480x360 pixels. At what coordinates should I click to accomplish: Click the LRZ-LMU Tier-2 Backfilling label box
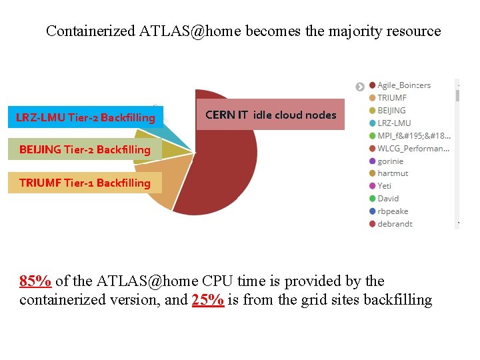[85, 118]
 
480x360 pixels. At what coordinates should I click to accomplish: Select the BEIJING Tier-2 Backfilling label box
[85, 149]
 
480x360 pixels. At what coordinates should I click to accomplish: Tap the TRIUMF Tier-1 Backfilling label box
[85, 183]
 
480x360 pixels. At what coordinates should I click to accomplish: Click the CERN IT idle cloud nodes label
[271, 115]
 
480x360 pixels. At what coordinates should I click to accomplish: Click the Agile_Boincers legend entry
[403, 85]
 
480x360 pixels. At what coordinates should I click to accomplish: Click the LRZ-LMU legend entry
[393, 123]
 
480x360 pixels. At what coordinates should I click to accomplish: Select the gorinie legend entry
[390, 161]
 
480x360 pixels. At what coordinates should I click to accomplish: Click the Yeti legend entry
[384, 186]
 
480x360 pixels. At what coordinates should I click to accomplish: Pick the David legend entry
[387, 199]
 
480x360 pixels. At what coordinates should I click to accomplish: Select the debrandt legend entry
[394, 224]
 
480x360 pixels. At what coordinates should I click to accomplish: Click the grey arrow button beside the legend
[360, 87]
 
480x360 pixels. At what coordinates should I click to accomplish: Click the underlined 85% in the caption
[35, 281]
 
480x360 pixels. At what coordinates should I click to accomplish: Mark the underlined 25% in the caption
[207, 300]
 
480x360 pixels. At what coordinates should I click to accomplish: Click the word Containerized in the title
[91, 31]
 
